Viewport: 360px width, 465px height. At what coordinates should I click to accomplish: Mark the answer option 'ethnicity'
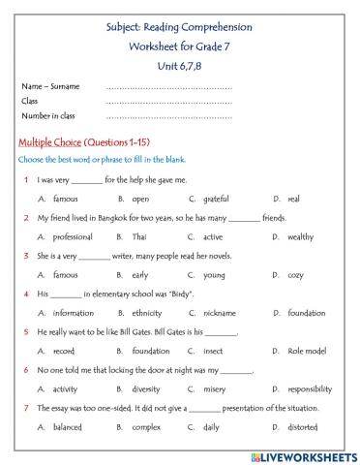click(146, 313)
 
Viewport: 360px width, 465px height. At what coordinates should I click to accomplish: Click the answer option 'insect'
click(213, 351)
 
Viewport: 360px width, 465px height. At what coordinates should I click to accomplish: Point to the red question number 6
click(25, 369)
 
